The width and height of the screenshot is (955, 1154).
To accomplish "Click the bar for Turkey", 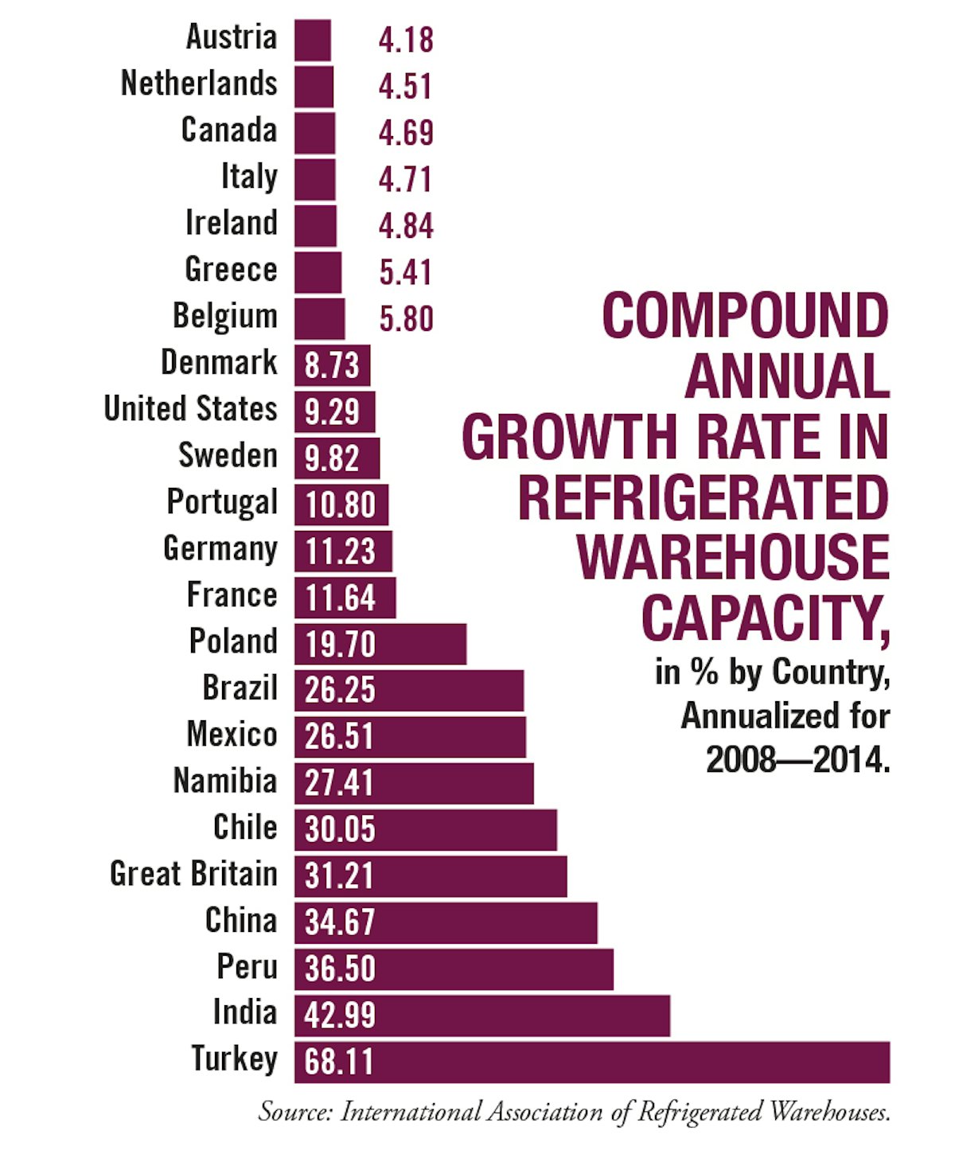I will (591, 1062).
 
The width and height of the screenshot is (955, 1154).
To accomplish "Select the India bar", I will (481, 1016).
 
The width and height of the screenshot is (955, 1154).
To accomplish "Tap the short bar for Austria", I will (312, 41).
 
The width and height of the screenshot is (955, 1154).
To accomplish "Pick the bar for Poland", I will (380, 644).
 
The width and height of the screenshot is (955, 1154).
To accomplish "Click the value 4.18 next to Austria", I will (406, 41).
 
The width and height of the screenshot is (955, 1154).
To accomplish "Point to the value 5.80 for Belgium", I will (406, 319).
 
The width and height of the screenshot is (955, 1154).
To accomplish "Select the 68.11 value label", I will (339, 1062).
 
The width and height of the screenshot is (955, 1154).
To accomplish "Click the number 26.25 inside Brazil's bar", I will (340, 690).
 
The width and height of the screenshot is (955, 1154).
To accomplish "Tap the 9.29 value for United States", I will (332, 412).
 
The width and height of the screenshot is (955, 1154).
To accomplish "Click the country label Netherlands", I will (199, 84).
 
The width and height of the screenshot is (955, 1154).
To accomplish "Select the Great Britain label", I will (193, 874).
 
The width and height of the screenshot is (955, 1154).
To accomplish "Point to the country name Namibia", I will (225, 781).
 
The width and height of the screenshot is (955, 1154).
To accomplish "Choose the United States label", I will (190, 409).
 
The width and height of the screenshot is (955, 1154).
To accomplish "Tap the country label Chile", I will (245, 828).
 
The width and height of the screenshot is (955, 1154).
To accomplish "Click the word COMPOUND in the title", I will (745, 316).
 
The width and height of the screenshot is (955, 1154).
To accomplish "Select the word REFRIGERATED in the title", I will (704, 499).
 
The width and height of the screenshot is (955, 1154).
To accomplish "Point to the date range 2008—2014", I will (797, 760).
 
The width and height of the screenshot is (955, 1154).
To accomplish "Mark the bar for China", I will (446, 922).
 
